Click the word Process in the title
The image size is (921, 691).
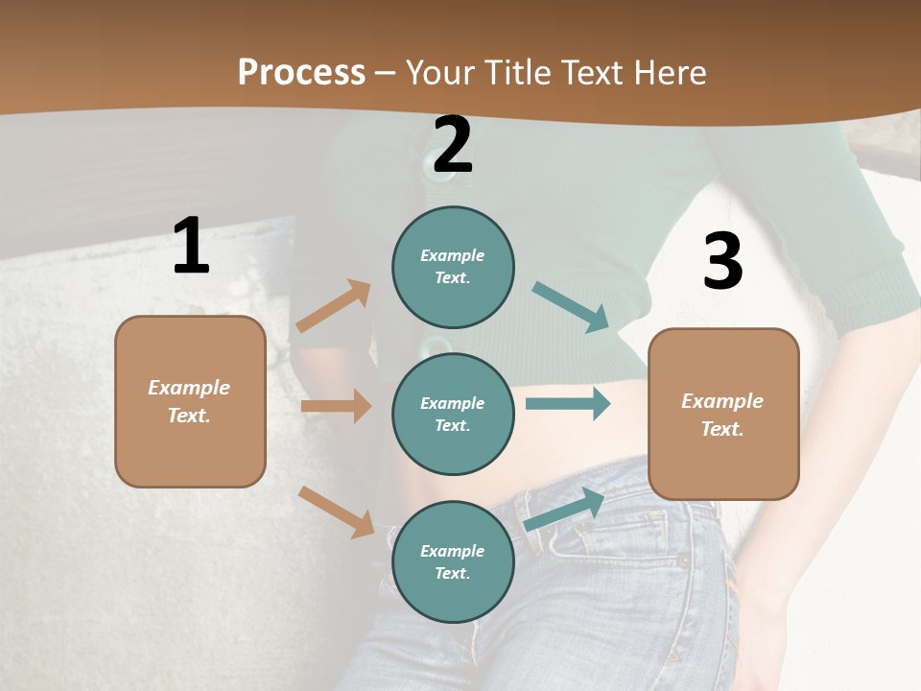(301, 72)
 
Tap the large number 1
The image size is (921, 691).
(191, 246)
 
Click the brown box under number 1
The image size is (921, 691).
(190, 401)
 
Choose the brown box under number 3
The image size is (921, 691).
(723, 414)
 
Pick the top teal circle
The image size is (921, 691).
(453, 267)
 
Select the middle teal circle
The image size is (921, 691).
(453, 414)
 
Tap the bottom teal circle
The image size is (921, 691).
(453, 561)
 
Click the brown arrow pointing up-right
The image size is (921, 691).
(334, 306)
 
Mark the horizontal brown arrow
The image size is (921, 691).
(336, 406)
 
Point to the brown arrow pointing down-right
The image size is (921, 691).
(336, 512)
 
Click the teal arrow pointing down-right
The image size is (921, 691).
(571, 307)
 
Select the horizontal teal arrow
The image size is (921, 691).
(568, 403)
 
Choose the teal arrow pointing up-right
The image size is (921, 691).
(564, 510)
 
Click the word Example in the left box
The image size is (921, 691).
(189, 388)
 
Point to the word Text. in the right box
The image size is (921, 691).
(722, 429)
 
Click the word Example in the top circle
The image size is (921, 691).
(453, 255)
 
